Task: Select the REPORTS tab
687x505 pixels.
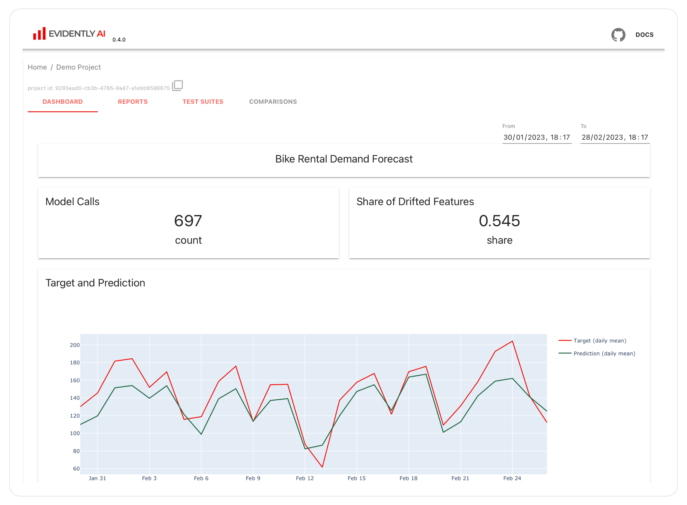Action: (133, 102)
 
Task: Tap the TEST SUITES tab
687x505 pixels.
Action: (203, 102)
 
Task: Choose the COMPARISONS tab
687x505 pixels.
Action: (273, 102)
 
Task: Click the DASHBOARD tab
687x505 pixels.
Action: (63, 102)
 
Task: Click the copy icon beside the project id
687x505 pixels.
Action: (177, 86)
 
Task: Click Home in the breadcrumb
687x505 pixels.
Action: (37, 67)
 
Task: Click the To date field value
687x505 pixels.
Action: (615, 137)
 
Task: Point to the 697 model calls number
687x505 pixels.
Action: (188, 221)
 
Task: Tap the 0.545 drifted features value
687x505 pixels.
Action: (499, 221)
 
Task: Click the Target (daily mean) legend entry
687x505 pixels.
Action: (599, 341)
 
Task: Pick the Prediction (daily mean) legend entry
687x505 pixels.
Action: (604, 353)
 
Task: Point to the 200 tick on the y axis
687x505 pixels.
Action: (75, 345)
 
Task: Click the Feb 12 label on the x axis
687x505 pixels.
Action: (305, 478)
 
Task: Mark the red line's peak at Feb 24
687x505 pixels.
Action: (512, 341)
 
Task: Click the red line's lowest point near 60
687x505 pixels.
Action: (322, 467)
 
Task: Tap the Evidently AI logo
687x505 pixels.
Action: (69, 34)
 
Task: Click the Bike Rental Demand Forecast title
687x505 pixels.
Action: (344, 159)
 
